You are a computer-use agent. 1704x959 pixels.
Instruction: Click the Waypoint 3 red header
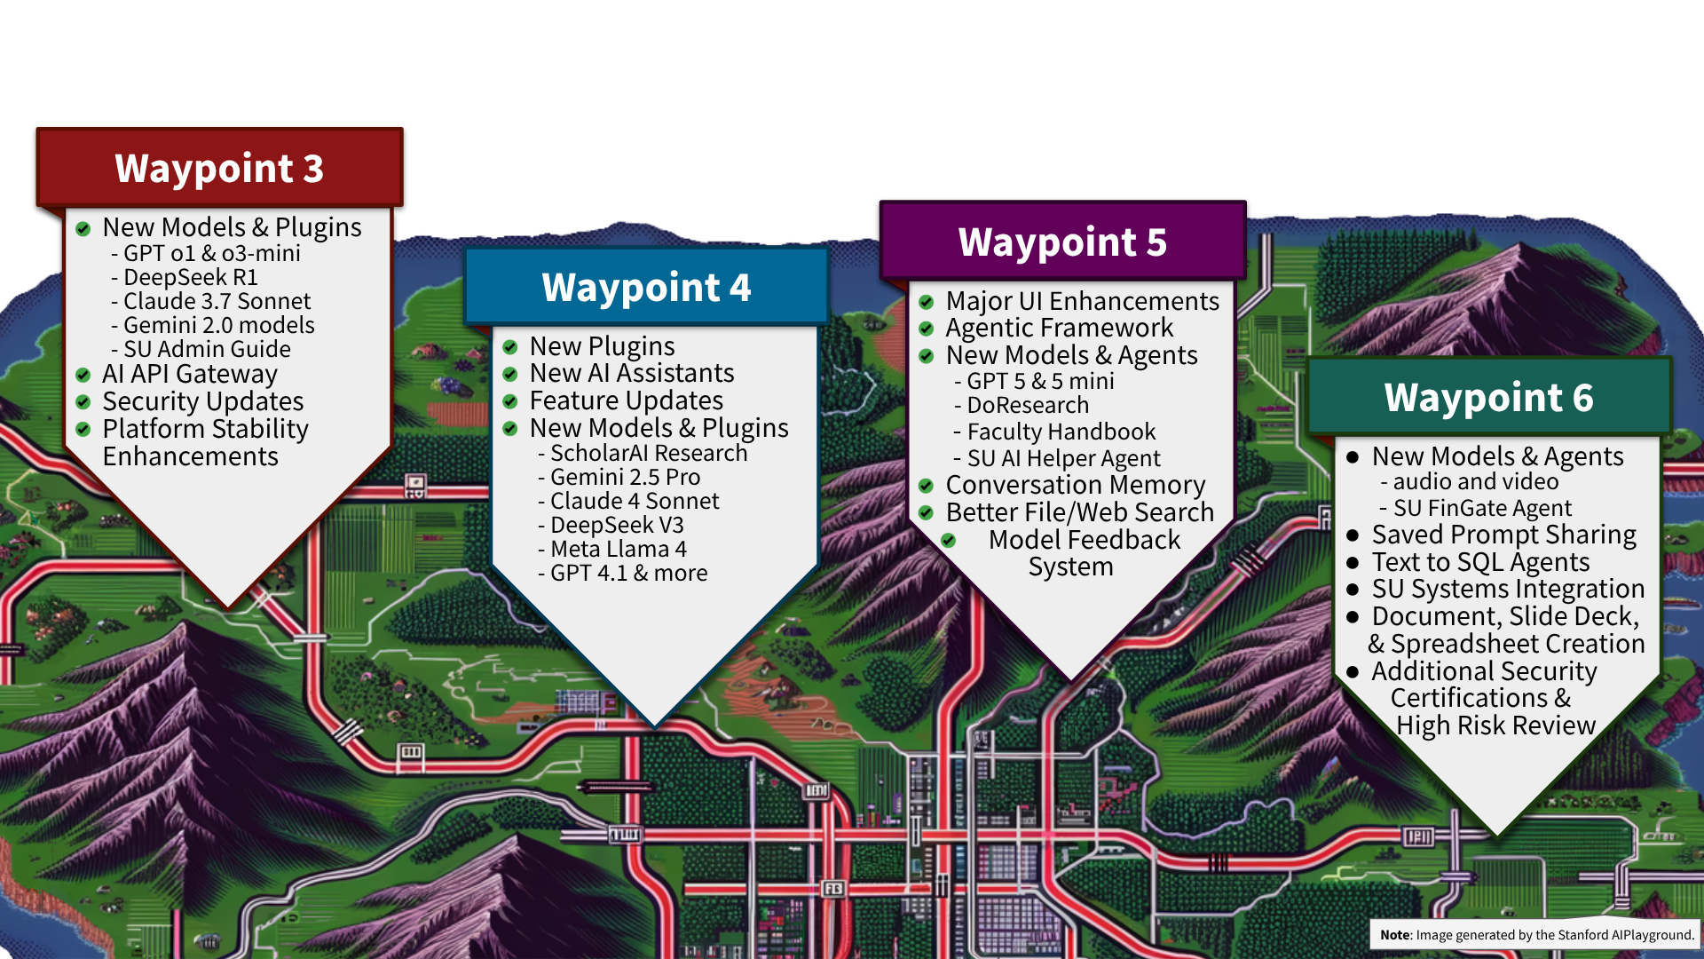[x=219, y=169]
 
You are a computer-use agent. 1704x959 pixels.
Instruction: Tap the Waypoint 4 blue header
[x=646, y=288]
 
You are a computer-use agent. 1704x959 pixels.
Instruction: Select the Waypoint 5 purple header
[x=1062, y=242]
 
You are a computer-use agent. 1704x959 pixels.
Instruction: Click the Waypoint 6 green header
[x=1488, y=398]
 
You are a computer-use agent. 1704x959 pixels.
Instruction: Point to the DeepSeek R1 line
[x=190, y=278]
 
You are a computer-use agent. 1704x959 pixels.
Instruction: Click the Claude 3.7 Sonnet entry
[x=217, y=302]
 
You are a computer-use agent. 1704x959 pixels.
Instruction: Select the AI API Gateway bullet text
[x=189, y=375]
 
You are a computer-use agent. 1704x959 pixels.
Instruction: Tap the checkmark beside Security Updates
[x=83, y=402]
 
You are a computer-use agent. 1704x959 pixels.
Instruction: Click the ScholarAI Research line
[x=648, y=454]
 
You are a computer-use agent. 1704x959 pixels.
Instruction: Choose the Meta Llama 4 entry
[x=618, y=550]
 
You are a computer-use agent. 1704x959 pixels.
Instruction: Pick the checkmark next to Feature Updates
[x=510, y=401]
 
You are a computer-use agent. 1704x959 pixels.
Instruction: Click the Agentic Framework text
[x=1059, y=329]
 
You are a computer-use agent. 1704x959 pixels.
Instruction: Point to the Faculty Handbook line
[x=1061, y=432]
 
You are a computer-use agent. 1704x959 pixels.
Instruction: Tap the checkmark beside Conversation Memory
[x=926, y=486]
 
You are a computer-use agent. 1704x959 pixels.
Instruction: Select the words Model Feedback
[x=1084, y=540]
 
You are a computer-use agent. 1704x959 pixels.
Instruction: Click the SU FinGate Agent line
[x=1481, y=509]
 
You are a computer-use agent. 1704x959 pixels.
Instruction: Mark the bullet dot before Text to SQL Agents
[x=1353, y=563]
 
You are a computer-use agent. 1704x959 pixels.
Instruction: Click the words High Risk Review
[x=1495, y=725]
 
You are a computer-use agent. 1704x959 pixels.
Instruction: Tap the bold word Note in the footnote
[x=1394, y=935]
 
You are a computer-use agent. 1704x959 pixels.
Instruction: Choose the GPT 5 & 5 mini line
[x=1039, y=382]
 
